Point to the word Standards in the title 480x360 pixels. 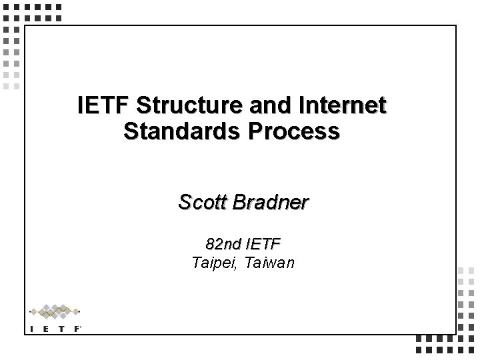click(x=175, y=131)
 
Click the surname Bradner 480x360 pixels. click(x=271, y=202)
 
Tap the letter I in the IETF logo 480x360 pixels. click(x=32, y=328)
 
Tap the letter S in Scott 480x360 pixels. click(x=185, y=202)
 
